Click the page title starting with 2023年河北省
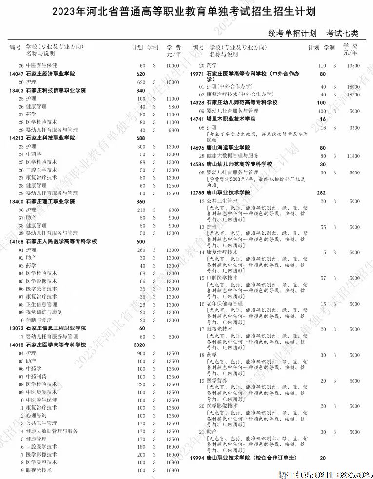pos(187,11)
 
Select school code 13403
pos(16,91)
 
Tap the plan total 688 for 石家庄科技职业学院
pos(141,138)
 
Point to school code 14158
pos(16,241)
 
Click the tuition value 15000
pos(173,83)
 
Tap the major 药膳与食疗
pos(39,320)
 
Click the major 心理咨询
pos(36,416)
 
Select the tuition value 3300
pos(354,128)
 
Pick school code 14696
pos(197,147)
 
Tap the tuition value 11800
pos(353,156)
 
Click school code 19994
pos(197,458)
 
